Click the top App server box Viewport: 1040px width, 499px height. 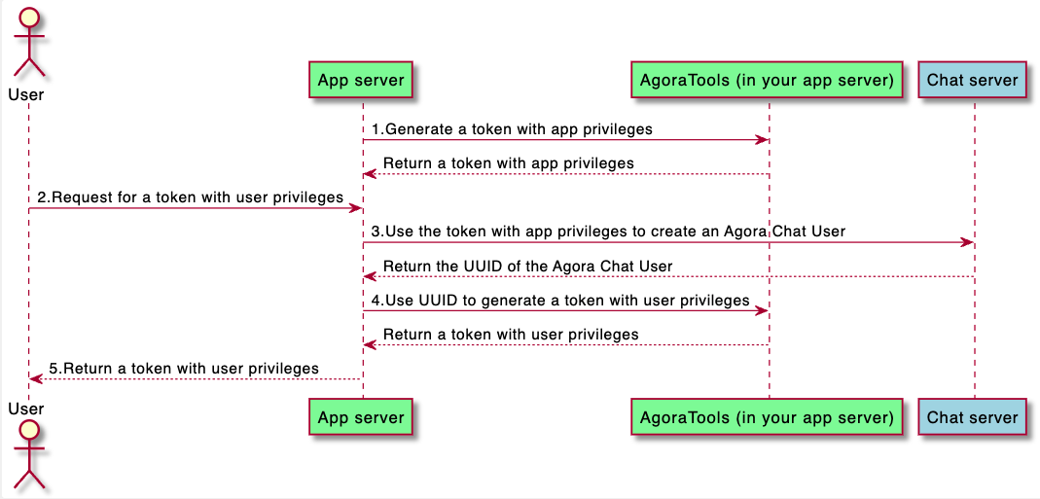(x=361, y=81)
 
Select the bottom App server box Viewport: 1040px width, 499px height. (x=361, y=416)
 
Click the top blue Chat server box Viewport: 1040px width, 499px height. (x=972, y=81)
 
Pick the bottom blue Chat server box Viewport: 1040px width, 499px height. (x=972, y=416)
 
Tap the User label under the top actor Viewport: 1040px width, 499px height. (x=26, y=95)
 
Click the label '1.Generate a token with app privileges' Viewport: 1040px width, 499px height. (x=512, y=129)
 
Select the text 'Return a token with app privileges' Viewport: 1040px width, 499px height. (x=509, y=163)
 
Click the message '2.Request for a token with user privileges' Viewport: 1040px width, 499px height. (x=190, y=197)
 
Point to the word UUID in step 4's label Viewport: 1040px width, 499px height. (x=440, y=301)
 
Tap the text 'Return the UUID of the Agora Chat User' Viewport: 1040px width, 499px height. (x=528, y=267)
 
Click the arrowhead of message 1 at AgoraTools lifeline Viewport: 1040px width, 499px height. (x=762, y=140)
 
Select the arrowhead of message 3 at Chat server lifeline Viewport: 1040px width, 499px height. (x=967, y=243)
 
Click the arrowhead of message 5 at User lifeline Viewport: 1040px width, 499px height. (x=36, y=379)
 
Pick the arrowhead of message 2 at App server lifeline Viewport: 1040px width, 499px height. (x=355, y=208)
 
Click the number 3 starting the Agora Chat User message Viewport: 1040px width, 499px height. (x=375, y=232)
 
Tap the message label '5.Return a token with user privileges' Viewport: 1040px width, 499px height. (x=184, y=369)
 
